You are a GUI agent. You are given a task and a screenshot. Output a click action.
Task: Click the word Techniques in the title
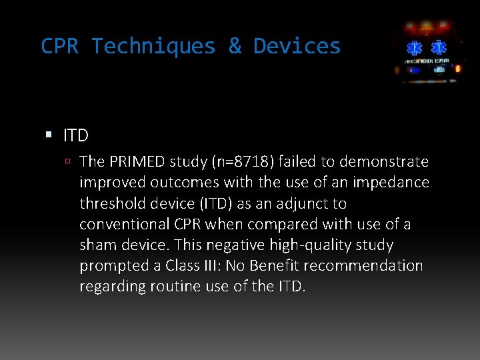click(x=154, y=47)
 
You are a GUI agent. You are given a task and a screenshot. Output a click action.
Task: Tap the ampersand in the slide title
click(x=235, y=47)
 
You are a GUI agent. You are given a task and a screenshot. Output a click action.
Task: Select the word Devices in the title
click(x=297, y=47)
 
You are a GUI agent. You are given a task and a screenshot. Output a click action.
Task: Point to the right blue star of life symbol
click(x=439, y=49)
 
